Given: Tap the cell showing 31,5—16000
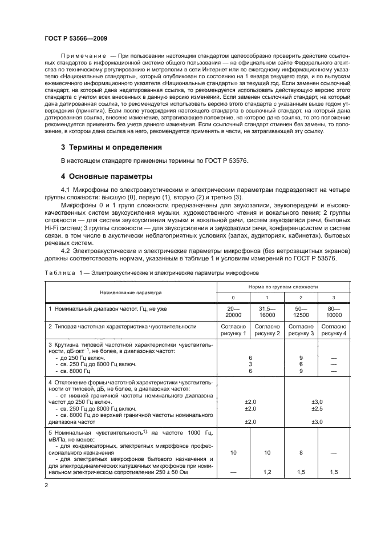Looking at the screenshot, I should [266, 311].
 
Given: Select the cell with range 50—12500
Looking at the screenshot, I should [299, 311].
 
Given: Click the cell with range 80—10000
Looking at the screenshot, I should [333, 311].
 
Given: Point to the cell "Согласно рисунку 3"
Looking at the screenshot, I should [299, 330].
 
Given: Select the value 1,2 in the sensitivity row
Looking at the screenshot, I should [266, 472].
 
